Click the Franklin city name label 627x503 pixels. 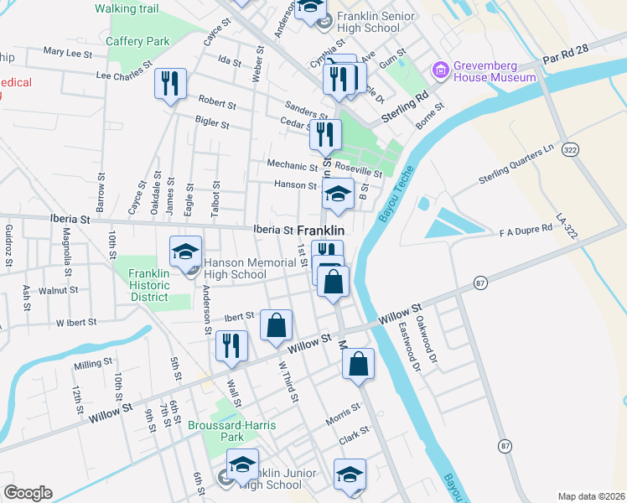click(322, 230)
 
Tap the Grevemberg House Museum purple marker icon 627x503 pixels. click(438, 70)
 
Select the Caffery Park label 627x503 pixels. click(137, 41)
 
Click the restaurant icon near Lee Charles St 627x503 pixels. click(170, 83)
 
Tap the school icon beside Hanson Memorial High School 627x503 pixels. click(185, 251)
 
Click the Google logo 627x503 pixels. click(28, 493)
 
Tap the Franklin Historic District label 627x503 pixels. click(149, 285)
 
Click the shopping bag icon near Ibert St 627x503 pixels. click(276, 324)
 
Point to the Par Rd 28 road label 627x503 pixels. click(567, 60)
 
